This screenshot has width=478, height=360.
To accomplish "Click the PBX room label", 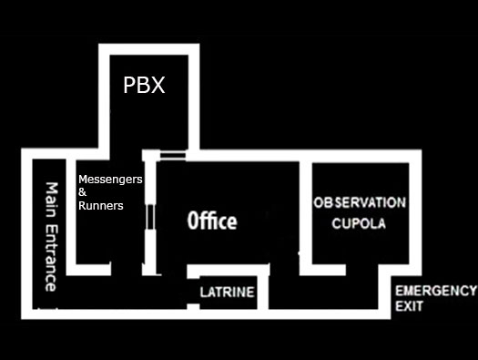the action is [144, 85].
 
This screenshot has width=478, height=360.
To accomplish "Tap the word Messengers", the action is [110, 180].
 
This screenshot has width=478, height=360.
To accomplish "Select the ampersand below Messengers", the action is [82, 192].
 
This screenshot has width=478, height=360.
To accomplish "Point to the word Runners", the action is [101, 206].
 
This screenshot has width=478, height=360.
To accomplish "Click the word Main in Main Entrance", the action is [52, 200].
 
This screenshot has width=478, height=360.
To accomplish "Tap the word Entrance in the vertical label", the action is [51, 258].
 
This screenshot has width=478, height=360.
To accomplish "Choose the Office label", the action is [212, 221].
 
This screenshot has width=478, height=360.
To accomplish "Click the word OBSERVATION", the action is [360, 203].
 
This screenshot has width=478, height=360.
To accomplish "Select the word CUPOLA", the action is [359, 223].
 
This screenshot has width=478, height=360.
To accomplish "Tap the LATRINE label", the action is [227, 293].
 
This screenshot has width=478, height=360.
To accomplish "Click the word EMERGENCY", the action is [436, 291].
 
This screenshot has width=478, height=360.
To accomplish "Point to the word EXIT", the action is [409, 306].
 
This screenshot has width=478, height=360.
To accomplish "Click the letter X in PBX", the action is [158, 85].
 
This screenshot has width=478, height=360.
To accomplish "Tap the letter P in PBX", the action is [129, 85].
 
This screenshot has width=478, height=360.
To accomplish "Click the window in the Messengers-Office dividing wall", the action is [150, 217].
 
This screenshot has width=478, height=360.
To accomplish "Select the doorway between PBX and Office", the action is [173, 155].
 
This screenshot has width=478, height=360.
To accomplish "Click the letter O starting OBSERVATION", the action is [319, 203].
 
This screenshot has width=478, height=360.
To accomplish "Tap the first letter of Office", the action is [192, 221].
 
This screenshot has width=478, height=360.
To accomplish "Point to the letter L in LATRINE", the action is [203, 293].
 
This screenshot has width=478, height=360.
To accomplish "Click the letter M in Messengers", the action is [83, 179].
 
